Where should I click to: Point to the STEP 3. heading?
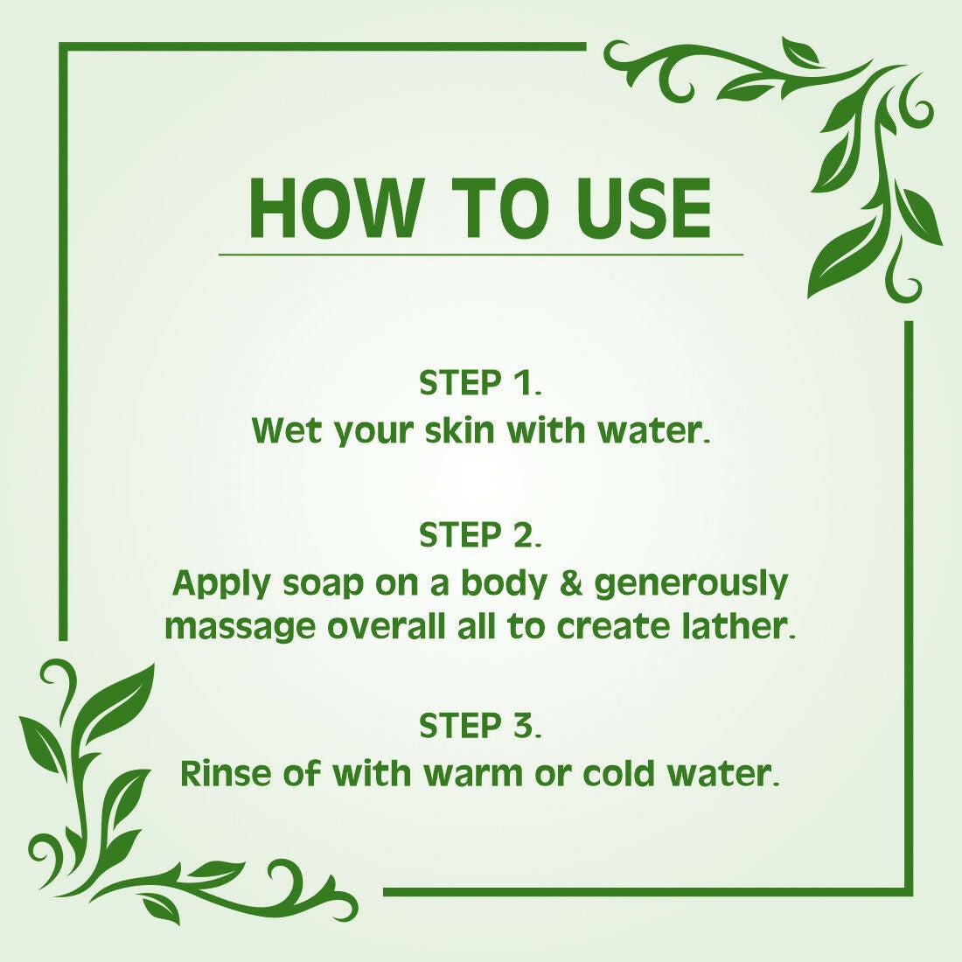click(x=480, y=726)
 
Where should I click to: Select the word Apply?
click(x=222, y=584)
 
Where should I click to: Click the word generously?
click(x=692, y=584)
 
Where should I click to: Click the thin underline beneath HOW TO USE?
click(x=480, y=254)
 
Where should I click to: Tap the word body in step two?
click(x=507, y=584)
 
